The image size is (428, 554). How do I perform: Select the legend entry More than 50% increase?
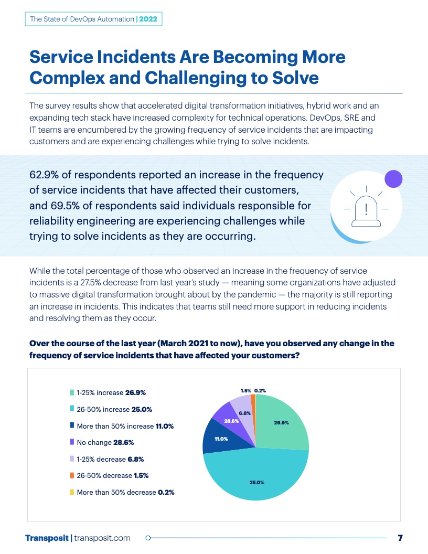[125, 426]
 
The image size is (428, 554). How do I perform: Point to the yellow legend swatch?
[72, 493]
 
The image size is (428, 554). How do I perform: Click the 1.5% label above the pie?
[245, 390]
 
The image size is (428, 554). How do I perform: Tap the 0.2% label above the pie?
[260, 390]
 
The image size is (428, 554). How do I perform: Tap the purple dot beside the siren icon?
[393, 179]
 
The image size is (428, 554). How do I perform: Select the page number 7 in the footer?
[400, 538]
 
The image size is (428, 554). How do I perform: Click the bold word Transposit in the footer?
[47, 538]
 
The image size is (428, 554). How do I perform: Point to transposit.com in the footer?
[103, 538]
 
